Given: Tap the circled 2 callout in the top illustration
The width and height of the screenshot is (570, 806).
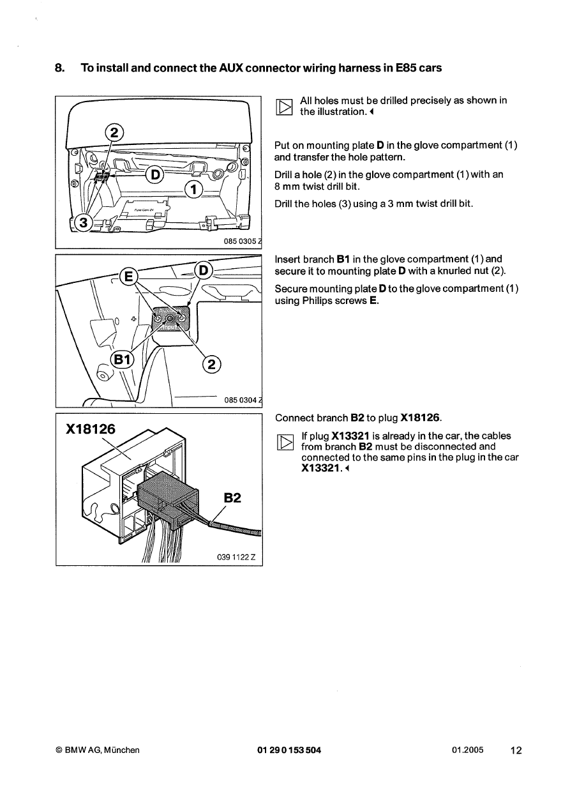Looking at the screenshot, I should (114, 133).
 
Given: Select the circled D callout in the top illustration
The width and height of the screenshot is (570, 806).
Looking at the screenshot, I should (154, 174).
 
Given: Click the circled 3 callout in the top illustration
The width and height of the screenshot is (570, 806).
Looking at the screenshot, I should (81, 222).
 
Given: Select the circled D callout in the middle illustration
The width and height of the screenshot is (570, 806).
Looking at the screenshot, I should (204, 269).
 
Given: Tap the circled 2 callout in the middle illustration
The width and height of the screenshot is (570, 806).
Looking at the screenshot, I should (211, 364).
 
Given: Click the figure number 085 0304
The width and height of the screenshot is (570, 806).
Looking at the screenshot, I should (240, 400).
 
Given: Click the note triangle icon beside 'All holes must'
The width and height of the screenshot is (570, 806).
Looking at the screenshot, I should (284, 107).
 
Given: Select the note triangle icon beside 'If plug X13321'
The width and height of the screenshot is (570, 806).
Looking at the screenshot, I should (284, 441).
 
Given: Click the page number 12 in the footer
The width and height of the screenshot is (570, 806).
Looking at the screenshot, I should (516, 751).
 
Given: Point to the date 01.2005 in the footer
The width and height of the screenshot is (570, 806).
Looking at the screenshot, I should (465, 750).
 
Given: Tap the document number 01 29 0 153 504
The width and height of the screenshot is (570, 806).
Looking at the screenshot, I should (289, 750).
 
